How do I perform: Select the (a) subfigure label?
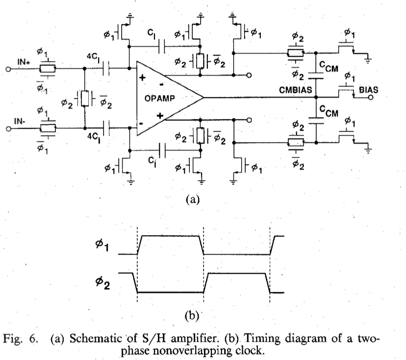click(191, 199)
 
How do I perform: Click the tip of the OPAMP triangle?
click(203, 97)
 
